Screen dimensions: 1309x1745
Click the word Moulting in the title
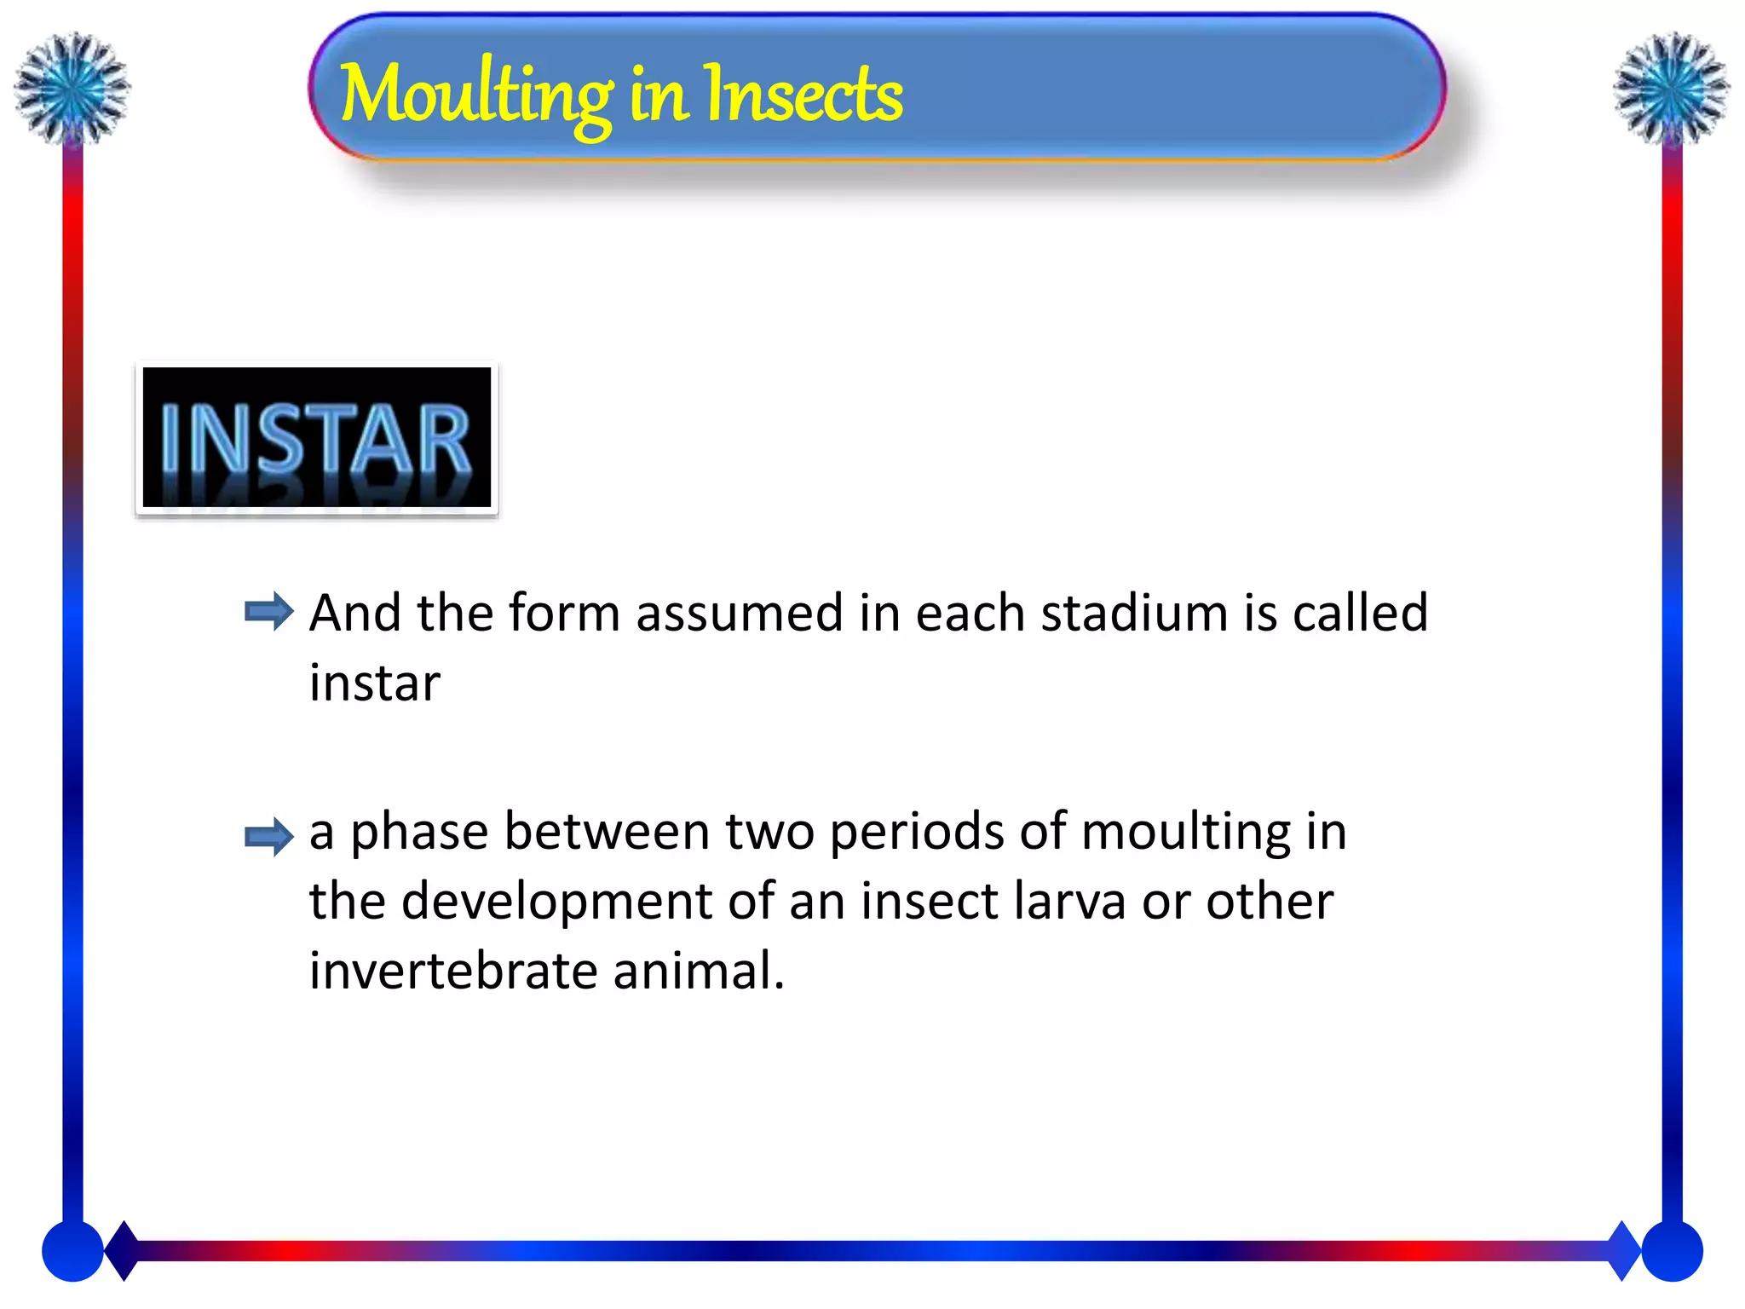pyautogui.click(x=475, y=95)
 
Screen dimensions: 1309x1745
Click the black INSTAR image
pyautogui.click(x=316, y=438)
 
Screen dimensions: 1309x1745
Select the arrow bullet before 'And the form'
pyautogui.click(x=268, y=611)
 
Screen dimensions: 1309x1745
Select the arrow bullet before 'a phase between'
pyautogui.click(x=268, y=836)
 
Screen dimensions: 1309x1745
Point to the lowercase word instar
pyautogui.click(x=374, y=683)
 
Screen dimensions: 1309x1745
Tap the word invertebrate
pyautogui.click(x=453, y=971)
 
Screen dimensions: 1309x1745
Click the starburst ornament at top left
pyautogui.click(x=72, y=87)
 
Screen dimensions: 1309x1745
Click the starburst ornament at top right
pyautogui.click(x=1671, y=87)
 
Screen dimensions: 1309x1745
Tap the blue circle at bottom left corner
pyautogui.click(x=72, y=1251)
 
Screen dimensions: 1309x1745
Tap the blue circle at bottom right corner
pyautogui.click(x=1672, y=1251)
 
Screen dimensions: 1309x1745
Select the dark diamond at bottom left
pyautogui.click(x=124, y=1250)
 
